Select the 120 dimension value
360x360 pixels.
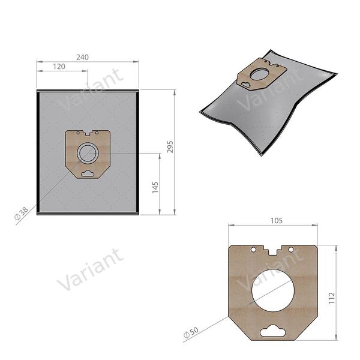[x=59, y=67]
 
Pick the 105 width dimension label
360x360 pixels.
[x=277, y=221]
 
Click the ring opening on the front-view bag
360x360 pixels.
[x=88, y=152]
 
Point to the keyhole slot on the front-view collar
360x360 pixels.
[x=88, y=173]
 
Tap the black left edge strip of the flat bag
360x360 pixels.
[x=38, y=153]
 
